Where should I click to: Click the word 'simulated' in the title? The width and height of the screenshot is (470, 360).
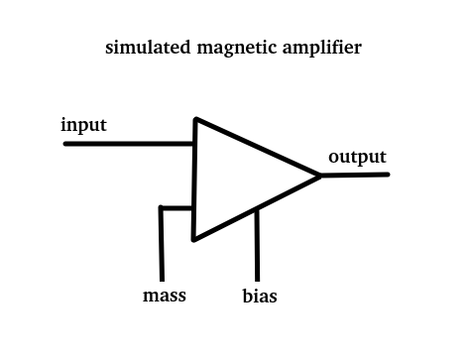(x=148, y=48)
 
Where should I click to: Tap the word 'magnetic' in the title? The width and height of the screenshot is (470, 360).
(x=237, y=49)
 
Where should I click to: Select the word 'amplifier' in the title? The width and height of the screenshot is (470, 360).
(x=322, y=49)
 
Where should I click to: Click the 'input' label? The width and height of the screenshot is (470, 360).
(x=83, y=126)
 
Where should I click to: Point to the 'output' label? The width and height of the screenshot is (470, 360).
(x=357, y=158)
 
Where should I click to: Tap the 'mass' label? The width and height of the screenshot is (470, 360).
(x=165, y=296)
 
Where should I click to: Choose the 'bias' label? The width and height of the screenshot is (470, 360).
(x=260, y=296)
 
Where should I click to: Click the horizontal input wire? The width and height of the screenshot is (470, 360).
(x=128, y=144)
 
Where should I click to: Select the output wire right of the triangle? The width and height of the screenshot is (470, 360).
(x=355, y=175)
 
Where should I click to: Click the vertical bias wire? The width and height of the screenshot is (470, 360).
(x=257, y=245)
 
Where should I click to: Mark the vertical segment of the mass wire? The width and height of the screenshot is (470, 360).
(x=162, y=244)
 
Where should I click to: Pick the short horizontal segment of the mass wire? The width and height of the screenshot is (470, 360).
(x=176, y=208)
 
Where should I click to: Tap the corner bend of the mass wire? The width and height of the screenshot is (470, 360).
(x=161, y=207)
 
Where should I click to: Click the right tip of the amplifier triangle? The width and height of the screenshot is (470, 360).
(x=320, y=176)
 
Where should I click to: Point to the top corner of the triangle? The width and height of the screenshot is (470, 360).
(x=196, y=119)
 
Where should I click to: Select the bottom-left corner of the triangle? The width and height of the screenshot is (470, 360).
(x=194, y=239)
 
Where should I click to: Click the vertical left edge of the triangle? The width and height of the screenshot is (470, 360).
(x=195, y=180)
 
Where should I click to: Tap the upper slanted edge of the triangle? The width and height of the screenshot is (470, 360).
(x=258, y=148)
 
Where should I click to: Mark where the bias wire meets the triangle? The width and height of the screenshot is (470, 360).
(x=257, y=208)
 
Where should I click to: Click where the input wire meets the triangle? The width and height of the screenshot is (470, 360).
(x=194, y=144)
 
